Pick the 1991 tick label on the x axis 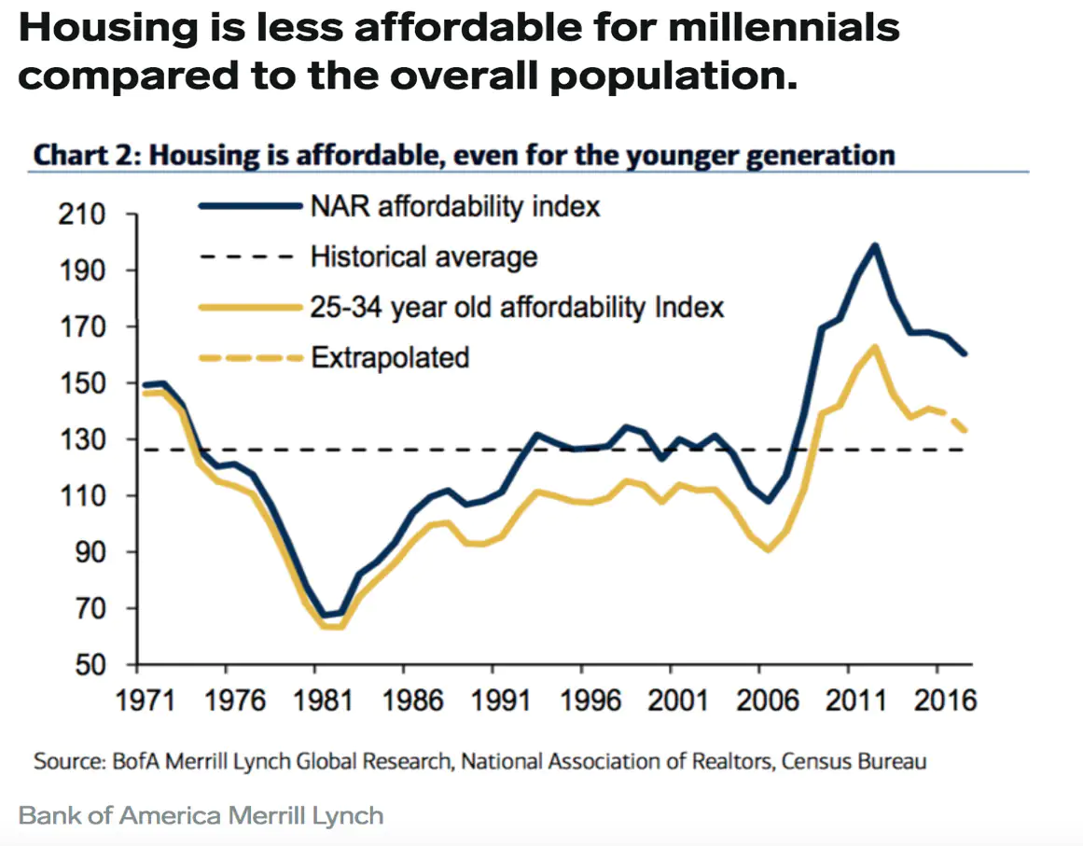coord(493,700)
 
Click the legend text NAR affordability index coord(455,205)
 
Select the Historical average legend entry coord(423,256)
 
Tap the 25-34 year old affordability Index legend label coord(517,306)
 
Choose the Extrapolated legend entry coord(389,356)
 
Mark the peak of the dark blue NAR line coord(875,246)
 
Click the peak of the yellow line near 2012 coord(875,347)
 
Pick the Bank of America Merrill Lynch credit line coord(201,816)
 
